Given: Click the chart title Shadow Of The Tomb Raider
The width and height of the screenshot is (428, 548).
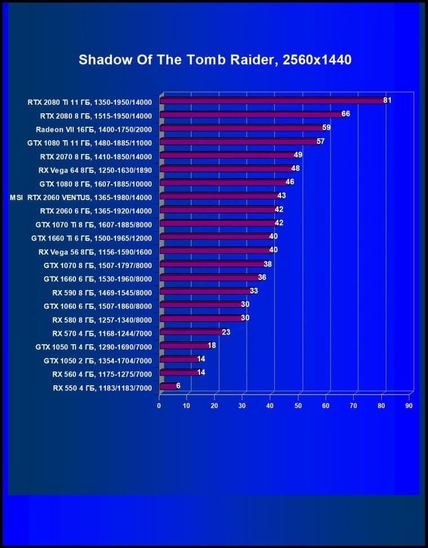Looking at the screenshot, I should pos(215,60).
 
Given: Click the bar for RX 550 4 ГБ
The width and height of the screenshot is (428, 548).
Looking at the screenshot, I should pos(167,386).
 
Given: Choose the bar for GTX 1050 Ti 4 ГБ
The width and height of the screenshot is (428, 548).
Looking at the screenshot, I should pos(184,346).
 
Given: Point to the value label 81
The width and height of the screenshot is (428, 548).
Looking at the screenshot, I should pos(387,100).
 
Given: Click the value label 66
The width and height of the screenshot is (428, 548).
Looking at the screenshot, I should pos(345,114).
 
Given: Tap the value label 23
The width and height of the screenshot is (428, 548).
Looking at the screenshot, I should pos(226,332).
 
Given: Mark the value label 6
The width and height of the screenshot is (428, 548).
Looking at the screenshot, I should pos(178,386).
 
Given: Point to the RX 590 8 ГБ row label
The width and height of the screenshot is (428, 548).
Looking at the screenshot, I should pos(102,292).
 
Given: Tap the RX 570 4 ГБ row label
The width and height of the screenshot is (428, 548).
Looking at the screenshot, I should pos(102,332).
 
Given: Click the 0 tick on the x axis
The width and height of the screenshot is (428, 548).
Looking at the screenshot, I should pos(159,405).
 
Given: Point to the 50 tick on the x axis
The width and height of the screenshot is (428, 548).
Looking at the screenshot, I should pos(298,405).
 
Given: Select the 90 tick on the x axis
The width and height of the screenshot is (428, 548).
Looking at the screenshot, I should pos(409,405).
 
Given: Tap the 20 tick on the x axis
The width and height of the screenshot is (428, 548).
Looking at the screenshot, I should pos(215,405).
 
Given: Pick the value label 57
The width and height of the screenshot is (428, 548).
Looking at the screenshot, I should pos(320,141).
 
